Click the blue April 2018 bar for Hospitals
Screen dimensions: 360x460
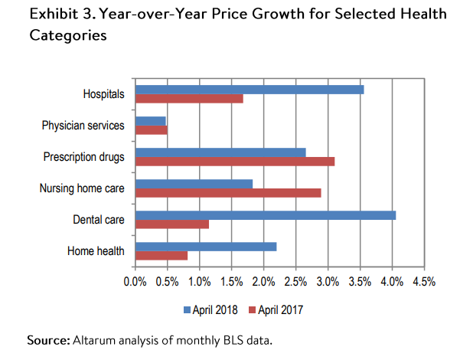click(x=250, y=90)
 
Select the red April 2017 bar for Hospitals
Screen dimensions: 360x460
click(x=189, y=98)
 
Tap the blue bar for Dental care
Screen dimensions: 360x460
click(x=266, y=215)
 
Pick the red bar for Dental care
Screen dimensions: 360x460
click(x=172, y=224)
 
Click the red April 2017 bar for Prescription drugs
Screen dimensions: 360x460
click(x=235, y=162)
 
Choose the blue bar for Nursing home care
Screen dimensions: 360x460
click(x=194, y=184)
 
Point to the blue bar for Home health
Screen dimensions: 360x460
click(x=206, y=247)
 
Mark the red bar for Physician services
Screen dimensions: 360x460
click(x=151, y=129)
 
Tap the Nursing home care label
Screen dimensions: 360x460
click(x=82, y=188)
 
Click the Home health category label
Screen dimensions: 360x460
click(x=96, y=250)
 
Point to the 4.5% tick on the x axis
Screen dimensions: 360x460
click(x=423, y=282)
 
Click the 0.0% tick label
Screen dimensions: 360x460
click(x=135, y=282)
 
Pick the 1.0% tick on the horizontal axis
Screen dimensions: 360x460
click(x=200, y=282)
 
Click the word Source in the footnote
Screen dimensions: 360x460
click(x=47, y=339)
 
